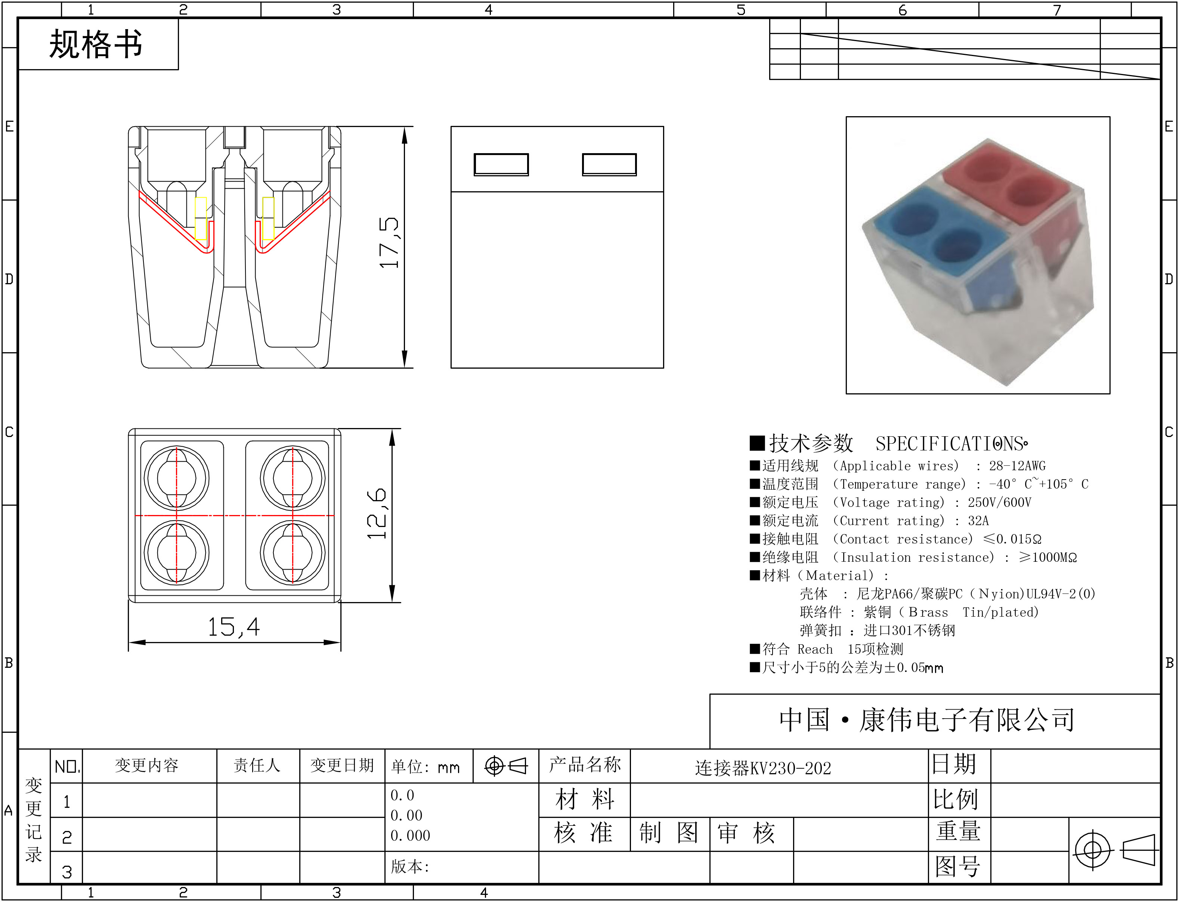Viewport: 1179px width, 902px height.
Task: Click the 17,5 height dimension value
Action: pos(389,243)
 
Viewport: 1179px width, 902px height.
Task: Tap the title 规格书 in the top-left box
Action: pos(96,44)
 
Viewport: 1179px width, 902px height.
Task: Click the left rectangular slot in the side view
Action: pos(501,164)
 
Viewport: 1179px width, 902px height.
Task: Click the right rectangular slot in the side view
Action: pos(609,164)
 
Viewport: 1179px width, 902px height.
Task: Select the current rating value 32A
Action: pos(978,521)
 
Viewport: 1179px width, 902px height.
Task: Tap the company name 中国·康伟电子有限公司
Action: pos(927,720)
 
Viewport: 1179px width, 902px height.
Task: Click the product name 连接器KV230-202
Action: pos(763,768)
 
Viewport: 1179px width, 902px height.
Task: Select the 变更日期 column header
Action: pos(342,765)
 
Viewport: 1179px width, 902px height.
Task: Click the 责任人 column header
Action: pos(257,765)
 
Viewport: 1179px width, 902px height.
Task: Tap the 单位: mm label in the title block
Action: pos(425,766)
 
